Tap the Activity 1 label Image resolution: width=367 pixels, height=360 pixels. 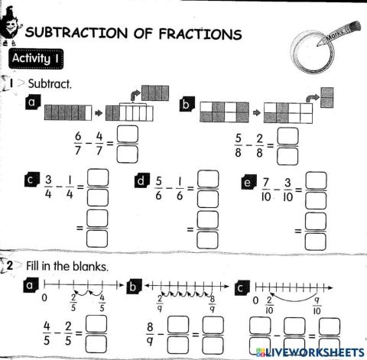(x=35, y=58)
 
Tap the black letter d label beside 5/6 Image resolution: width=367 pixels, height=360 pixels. (x=141, y=180)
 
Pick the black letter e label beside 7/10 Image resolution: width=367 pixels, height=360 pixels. (x=247, y=180)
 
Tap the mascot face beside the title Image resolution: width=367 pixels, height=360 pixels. (x=11, y=27)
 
